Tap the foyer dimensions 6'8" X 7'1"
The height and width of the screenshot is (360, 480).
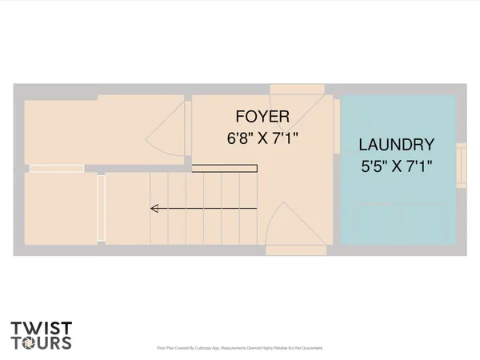click(262, 138)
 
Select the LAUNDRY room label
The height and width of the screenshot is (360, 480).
click(396, 146)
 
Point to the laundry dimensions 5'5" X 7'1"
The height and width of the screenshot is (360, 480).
click(396, 168)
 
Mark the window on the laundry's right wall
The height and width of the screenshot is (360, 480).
click(461, 165)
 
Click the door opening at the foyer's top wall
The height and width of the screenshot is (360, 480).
click(296, 89)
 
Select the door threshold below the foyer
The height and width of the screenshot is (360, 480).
click(295, 250)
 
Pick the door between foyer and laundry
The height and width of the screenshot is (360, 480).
click(337, 128)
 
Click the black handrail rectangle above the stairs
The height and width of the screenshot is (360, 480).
click(224, 168)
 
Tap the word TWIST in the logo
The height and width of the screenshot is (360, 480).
click(42, 328)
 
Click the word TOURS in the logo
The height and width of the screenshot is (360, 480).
click(42, 343)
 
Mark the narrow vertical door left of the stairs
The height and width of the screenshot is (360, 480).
click(101, 208)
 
